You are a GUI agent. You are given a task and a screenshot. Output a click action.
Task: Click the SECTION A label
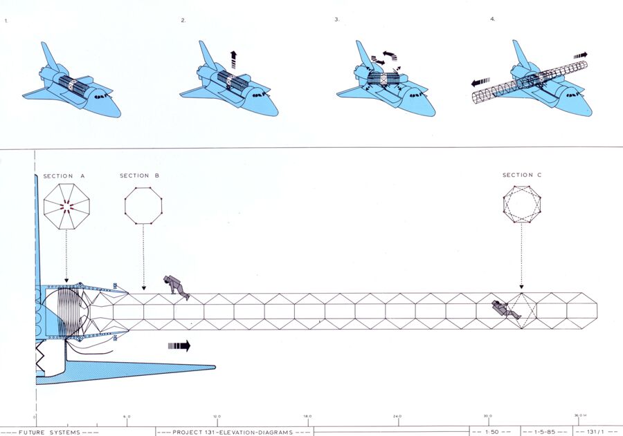coord(64,176)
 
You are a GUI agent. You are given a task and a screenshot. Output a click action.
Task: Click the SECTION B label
coord(140,176)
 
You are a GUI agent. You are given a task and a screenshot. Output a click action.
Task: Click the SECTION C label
coord(522,176)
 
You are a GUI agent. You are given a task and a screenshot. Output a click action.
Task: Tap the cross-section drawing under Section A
coord(66,206)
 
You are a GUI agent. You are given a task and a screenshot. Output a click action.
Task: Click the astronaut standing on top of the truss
coord(177,287)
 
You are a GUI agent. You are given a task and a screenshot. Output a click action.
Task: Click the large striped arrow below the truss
coord(179,345)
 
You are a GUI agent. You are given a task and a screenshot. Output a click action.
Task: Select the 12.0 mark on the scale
coord(217,416)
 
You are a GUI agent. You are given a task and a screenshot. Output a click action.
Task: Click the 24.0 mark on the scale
coord(397,416)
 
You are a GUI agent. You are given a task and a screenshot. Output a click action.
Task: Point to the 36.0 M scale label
coord(580,416)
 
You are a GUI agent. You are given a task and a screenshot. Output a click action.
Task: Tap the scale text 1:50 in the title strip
coord(492,431)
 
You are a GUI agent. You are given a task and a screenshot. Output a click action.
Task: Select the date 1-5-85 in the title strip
coord(543,431)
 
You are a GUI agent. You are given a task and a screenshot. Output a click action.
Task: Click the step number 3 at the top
coord(336,20)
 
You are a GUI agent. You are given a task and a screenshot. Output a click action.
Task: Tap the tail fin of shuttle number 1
coord(49,55)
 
